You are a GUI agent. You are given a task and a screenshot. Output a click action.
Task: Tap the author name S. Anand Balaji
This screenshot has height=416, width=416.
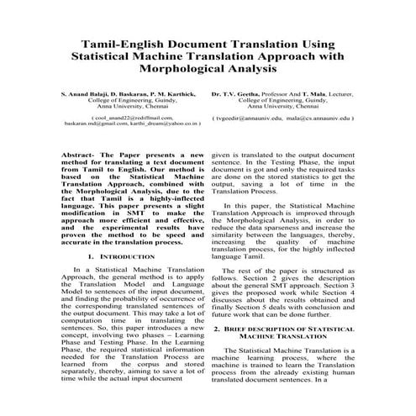pyautogui.click(x=82, y=93)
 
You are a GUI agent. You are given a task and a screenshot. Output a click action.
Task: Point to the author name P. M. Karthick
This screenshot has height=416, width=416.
pyautogui.click(x=172, y=93)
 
